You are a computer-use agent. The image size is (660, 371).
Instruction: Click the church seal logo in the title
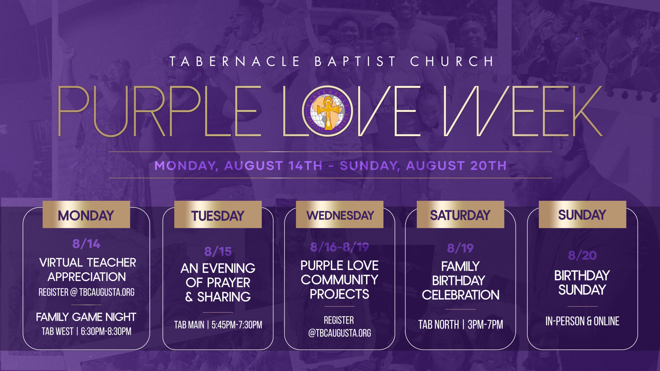click(327, 111)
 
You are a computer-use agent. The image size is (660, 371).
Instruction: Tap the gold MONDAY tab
click(86, 214)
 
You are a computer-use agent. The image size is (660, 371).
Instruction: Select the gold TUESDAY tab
click(218, 214)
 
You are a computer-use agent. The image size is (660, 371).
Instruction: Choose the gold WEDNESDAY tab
click(340, 214)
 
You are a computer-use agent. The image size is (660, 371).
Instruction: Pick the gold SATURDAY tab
click(460, 214)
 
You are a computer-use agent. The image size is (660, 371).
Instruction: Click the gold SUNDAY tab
click(582, 214)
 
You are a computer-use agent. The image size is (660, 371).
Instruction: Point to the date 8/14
click(86, 244)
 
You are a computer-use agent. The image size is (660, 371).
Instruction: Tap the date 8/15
click(218, 251)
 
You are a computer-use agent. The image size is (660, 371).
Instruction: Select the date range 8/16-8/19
click(340, 247)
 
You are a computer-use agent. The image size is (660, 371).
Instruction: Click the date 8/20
click(582, 255)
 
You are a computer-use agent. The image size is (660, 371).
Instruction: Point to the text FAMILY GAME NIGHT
click(86, 317)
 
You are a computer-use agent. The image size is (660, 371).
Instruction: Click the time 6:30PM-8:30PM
click(106, 331)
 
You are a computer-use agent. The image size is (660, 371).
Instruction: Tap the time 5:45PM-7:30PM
click(237, 325)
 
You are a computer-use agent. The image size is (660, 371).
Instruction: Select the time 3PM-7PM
click(485, 324)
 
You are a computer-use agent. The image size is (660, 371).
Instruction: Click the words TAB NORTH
click(439, 324)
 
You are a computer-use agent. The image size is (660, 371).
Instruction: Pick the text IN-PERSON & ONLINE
click(582, 321)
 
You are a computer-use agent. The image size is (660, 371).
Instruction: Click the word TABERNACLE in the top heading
click(235, 61)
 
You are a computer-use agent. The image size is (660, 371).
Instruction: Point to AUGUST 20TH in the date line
click(456, 165)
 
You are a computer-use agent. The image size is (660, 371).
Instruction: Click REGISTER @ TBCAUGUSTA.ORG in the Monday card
click(86, 292)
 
